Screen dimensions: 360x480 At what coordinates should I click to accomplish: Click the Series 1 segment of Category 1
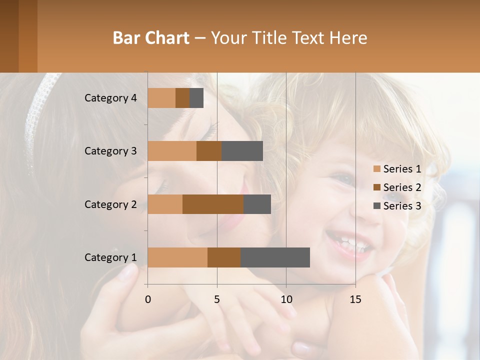(x=177, y=257)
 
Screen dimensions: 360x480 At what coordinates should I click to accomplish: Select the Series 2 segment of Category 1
(x=224, y=257)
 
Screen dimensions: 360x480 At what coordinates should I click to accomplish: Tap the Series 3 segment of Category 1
(x=275, y=257)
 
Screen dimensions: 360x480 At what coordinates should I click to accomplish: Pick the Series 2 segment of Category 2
(x=213, y=204)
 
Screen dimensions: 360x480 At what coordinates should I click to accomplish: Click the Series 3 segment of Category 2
(x=257, y=204)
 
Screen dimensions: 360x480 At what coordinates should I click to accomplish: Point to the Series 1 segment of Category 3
(x=172, y=151)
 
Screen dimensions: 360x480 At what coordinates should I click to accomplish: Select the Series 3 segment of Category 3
(x=242, y=151)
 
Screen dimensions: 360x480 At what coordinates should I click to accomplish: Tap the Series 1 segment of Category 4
(x=161, y=98)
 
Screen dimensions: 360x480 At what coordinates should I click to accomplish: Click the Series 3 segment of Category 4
(x=196, y=98)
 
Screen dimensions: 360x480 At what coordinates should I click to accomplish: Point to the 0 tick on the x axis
(x=148, y=299)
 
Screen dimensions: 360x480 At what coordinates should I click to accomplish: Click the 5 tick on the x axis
(x=217, y=299)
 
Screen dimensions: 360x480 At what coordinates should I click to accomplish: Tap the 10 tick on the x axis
(x=286, y=299)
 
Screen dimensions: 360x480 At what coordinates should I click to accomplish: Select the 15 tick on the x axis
(x=355, y=299)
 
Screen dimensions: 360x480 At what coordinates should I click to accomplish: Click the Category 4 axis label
(x=110, y=98)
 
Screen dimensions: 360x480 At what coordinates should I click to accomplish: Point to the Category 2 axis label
(x=110, y=204)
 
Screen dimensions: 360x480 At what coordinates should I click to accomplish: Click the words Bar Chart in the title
(x=151, y=38)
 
